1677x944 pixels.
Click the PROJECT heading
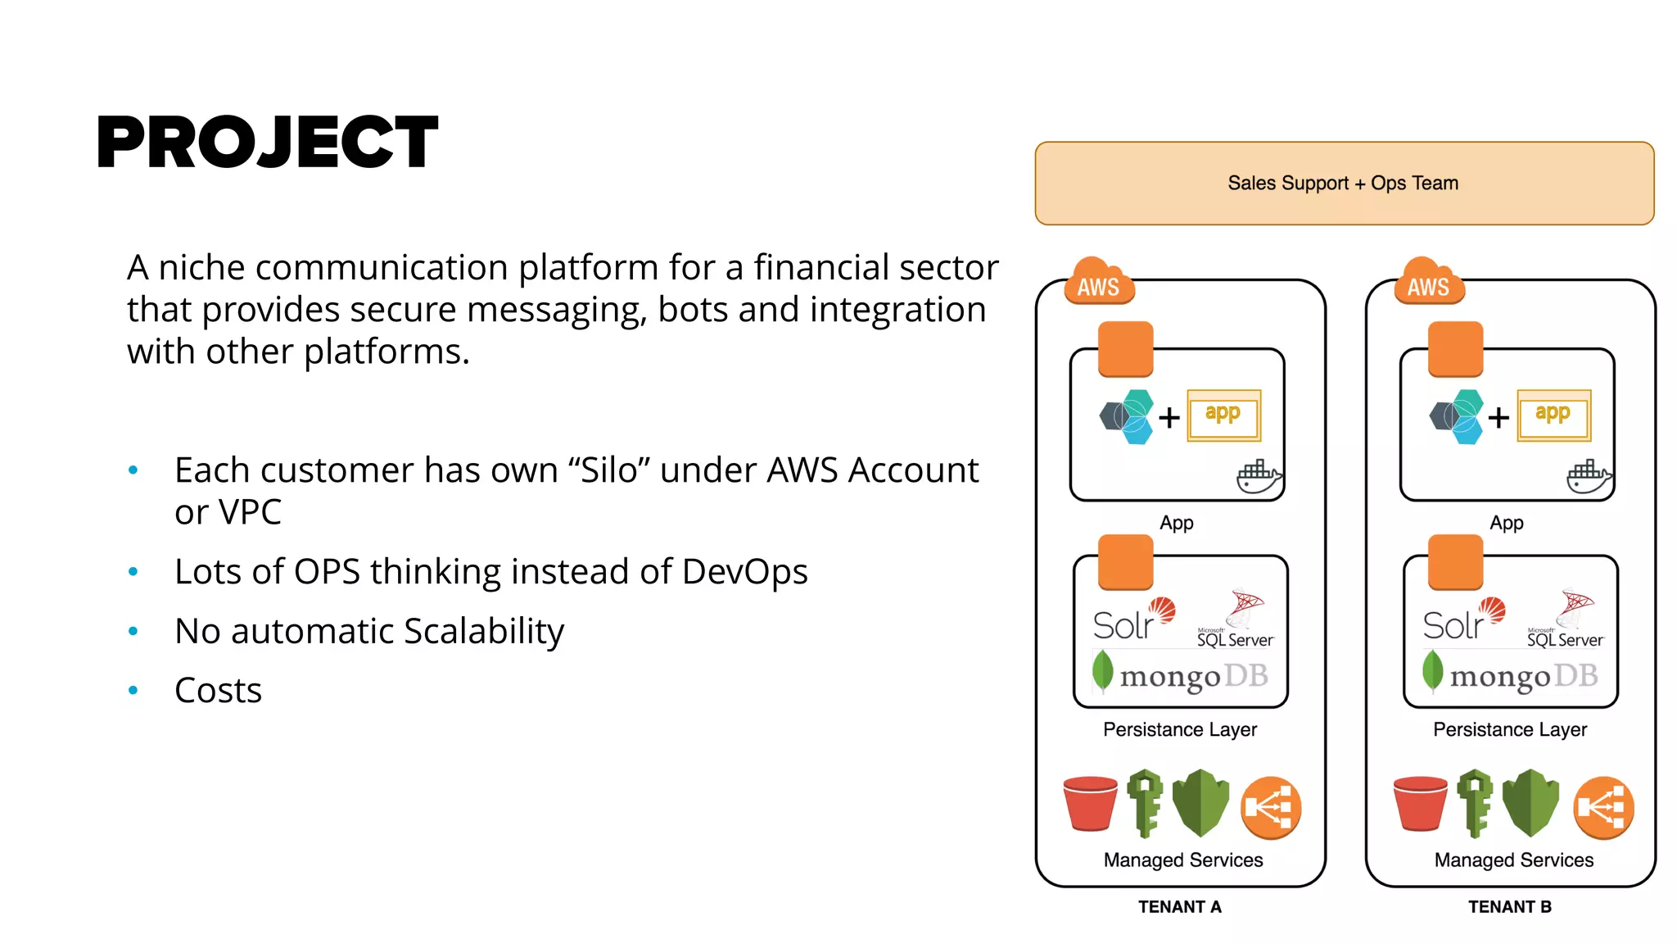pyautogui.click(x=267, y=143)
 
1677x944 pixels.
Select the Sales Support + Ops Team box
pyautogui.click(x=1344, y=184)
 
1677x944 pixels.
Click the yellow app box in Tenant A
pyautogui.click(x=1223, y=415)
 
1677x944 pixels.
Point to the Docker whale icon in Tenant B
pyautogui.click(x=1588, y=476)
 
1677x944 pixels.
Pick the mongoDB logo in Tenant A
pyautogui.click(x=1181, y=674)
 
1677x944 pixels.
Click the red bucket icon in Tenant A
pyautogui.click(x=1090, y=803)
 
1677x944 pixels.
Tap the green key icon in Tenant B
pyautogui.click(x=1475, y=803)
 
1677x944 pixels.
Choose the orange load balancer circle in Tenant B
pyautogui.click(x=1603, y=808)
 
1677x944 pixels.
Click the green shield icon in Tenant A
pyautogui.click(x=1200, y=803)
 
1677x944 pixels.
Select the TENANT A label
pyautogui.click(x=1179, y=907)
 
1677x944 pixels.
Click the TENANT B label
pyautogui.click(x=1509, y=907)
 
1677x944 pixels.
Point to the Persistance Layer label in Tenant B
pyautogui.click(x=1509, y=729)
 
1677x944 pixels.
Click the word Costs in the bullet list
pyautogui.click(x=218, y=691)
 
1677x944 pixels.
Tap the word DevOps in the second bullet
pyautogui.click(x=744, y=572)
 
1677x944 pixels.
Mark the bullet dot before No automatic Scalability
pyautogui.click(x=133, y=631)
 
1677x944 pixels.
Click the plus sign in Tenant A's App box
pyautogui.click(x=1169, y=418)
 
